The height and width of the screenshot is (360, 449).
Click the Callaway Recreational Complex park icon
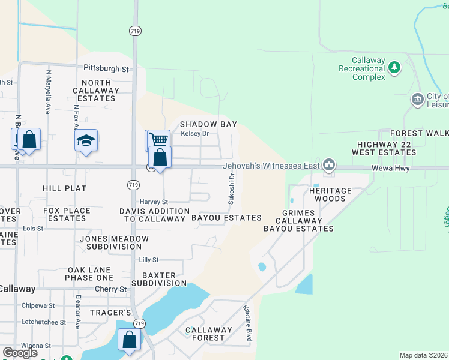[394, 67]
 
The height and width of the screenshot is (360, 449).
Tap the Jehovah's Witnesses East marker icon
[328, 164]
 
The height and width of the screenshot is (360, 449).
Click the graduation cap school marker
[86, 140]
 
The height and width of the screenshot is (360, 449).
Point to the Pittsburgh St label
[106, 69]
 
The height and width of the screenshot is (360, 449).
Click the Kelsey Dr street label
[194, 134]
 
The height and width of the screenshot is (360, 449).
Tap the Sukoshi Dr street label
[231, 188]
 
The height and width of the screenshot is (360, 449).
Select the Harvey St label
[154, 202]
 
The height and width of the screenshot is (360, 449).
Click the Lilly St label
[148, 260]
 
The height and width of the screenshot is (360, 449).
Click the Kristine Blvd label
[247, 324]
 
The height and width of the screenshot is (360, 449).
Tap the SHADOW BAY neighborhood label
[209, 124]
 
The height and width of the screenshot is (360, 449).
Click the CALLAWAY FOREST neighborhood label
[208, 334]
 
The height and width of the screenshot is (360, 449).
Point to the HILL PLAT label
[65, 188]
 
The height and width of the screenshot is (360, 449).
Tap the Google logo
[20, 352]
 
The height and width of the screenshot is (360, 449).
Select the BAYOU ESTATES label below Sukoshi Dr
[226, 218]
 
